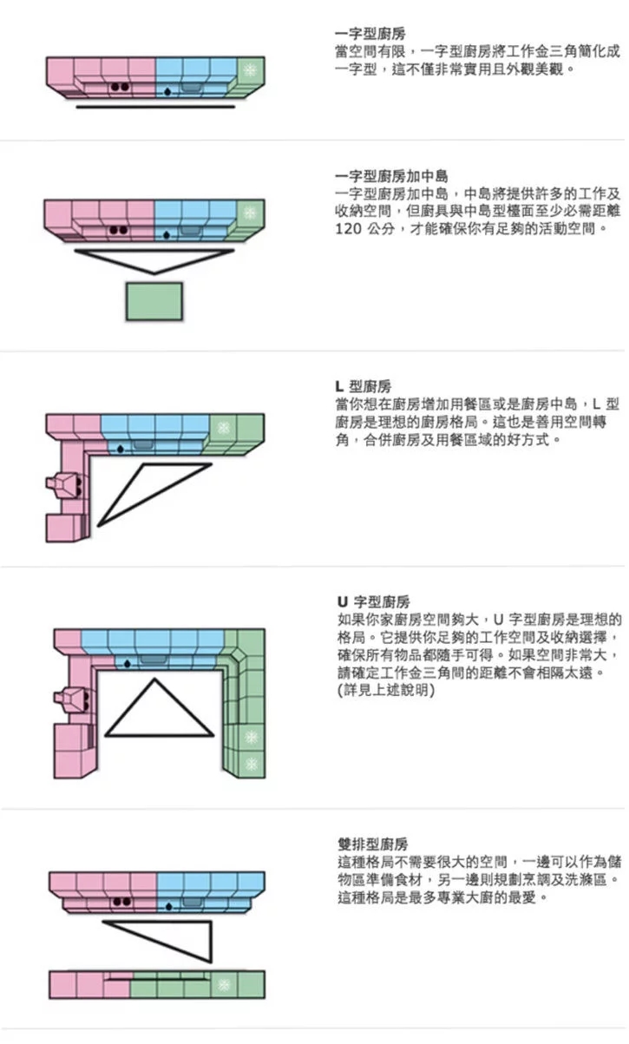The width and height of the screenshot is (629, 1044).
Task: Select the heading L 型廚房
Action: (364, 386)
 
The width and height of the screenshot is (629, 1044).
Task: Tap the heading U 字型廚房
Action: (374, 601)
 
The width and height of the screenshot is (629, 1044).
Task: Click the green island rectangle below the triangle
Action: (154, 301)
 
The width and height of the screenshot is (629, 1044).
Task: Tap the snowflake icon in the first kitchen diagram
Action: (250, 69)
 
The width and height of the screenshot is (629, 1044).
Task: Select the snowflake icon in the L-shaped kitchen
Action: (223, 428)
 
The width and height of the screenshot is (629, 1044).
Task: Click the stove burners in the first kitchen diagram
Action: (120, 88)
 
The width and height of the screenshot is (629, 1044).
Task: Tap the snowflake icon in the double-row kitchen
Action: (224, 984)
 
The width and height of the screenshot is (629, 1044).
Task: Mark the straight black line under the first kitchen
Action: (154, 108)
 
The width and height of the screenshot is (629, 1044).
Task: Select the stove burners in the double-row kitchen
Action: (120, 903)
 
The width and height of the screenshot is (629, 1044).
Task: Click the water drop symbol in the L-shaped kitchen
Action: (120, 449)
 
